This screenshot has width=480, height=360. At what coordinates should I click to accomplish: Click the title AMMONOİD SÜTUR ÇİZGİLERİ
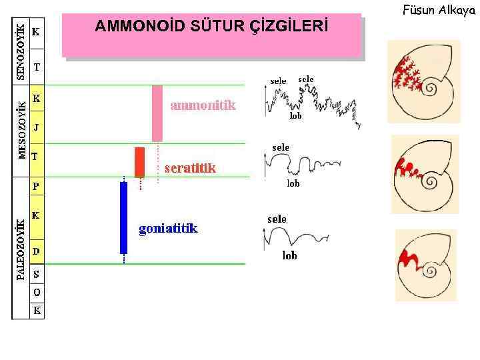point(211,27)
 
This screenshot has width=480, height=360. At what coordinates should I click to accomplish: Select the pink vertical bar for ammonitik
point(157,113)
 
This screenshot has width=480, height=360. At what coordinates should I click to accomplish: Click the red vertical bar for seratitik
point(139,161)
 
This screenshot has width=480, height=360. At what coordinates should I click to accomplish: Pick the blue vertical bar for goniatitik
point(123,217)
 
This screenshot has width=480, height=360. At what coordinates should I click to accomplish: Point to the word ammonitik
point(203,105)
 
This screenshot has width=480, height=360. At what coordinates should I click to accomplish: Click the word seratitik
point(190,168)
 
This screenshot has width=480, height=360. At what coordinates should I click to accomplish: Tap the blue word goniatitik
point(168,229)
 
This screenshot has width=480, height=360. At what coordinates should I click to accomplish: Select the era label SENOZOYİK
point(21,52)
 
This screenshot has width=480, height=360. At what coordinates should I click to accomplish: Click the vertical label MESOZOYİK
point(22,131)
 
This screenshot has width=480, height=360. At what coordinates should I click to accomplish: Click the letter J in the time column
point(36,127)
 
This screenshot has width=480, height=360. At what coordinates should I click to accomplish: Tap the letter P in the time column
point(36,187)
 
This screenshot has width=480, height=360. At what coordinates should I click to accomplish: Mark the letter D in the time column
point(36,251)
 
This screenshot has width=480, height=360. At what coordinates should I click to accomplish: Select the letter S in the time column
point(36,275)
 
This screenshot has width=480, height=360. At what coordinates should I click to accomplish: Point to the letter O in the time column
point(36,292)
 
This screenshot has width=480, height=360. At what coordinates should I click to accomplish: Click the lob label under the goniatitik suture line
point(289,255)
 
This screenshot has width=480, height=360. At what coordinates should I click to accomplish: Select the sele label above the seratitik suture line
point(281,147)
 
